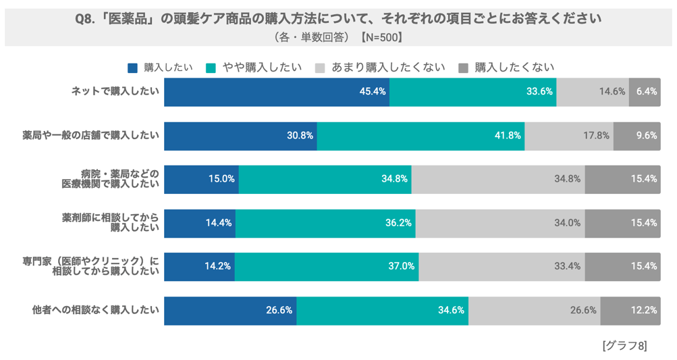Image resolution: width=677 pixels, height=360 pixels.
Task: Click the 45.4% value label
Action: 373,92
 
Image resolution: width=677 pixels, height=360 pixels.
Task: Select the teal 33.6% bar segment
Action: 472,92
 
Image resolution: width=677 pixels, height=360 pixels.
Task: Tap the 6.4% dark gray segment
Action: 645,92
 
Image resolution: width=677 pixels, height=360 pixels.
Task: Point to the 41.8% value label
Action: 508,135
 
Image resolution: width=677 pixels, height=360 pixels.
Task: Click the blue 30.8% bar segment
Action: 240,135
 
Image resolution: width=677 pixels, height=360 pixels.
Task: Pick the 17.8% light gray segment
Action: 568,135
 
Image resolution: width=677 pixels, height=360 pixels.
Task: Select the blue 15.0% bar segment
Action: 201,179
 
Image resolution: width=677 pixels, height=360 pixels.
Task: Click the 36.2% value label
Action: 399,223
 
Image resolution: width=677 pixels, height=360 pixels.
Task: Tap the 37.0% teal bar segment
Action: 327,266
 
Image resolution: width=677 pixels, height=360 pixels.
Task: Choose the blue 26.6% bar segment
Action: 230,310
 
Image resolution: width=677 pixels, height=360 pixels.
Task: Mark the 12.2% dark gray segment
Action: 630,310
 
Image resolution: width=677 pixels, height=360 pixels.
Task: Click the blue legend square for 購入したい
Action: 132,68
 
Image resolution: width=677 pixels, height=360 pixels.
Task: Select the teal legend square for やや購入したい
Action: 210,68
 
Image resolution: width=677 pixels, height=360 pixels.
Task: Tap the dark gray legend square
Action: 463,68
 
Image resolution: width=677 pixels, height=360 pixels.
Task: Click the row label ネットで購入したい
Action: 115,92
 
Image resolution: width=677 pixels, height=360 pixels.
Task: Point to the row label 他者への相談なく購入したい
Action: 96,310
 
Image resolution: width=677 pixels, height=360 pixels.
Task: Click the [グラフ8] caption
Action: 624,346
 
